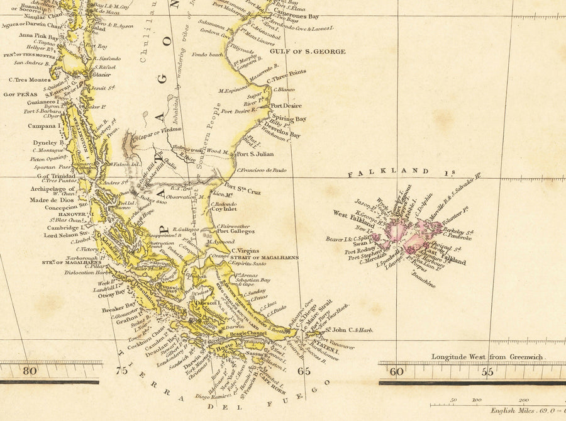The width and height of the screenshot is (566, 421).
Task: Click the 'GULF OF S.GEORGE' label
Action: coord(308,52)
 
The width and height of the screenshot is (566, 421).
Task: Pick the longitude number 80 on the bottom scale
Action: coord(29,371)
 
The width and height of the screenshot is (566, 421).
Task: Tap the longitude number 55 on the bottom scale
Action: coord(487,371)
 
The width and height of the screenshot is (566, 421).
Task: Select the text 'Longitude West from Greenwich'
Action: coord(488,357)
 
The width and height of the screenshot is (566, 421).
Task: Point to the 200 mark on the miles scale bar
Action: coord(523,400)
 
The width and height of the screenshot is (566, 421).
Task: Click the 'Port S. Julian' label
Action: coord(255,154)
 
